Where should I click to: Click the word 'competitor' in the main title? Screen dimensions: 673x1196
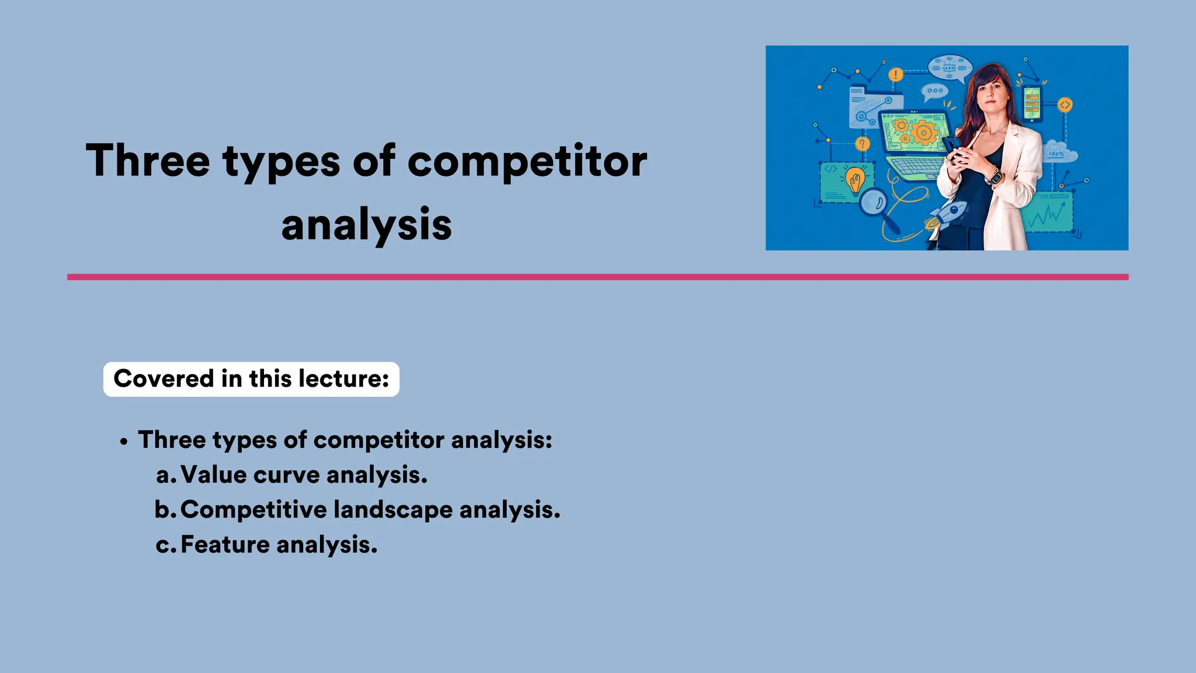point(527,161)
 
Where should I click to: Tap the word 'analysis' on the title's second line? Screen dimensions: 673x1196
point(366,225)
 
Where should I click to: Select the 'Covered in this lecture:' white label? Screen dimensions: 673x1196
point(251,379)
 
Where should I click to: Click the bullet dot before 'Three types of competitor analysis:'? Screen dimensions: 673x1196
point(123,442)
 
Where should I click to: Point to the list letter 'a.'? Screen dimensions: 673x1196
point(166,475)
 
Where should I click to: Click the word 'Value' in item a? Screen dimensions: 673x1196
point(214,474)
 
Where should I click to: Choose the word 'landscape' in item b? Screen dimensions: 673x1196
point(392,509)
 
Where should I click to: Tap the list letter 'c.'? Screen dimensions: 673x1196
point(166,545)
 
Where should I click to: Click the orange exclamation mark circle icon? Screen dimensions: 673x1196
point(896,75)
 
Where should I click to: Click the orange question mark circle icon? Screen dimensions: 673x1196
point(862,144)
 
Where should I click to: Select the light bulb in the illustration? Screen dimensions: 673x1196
point(855,180)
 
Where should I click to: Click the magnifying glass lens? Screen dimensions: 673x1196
point(874,203)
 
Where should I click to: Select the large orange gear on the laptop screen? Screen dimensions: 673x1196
point(923,133)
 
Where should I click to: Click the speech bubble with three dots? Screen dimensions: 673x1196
point(934,91)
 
